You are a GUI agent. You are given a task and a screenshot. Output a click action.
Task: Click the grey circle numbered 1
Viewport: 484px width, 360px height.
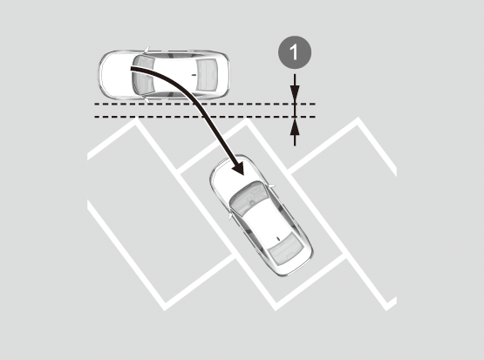click(x=295, y=52)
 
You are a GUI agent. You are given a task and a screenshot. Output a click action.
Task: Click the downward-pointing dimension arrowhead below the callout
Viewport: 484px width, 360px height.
click(x=295, y=93)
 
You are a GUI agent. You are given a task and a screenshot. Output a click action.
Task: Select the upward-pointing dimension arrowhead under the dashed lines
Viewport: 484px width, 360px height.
click(x=295, y=127)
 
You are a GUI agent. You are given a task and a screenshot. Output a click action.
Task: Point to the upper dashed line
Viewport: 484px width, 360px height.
click(x=205, y=104)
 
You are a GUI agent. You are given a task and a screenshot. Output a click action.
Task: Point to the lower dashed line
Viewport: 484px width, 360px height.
click(x=205, y=117)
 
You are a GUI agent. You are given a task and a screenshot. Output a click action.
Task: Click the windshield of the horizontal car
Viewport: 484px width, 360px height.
click(x=143, y=75)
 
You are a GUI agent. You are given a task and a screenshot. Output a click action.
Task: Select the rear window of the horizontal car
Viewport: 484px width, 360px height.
click(x=206, y=75)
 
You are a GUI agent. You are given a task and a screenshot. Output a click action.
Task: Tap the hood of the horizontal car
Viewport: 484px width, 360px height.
click(x=117, y=75)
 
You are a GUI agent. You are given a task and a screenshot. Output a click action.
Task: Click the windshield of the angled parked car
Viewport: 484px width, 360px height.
click(x=249, y=199)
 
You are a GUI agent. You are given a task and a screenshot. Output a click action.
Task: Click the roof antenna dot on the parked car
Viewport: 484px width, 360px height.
click(x=278, y=239)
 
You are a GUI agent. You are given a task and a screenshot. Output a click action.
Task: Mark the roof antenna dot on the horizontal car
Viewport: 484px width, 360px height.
click(x=194, y=75)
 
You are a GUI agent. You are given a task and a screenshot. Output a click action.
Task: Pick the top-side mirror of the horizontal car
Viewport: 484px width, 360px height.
click(x=147, y=50)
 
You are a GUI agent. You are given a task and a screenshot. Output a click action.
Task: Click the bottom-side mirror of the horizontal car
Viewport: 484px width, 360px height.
click(x=147, y=100)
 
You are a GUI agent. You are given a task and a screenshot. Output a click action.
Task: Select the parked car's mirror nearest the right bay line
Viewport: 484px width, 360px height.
click(x=271, y=186)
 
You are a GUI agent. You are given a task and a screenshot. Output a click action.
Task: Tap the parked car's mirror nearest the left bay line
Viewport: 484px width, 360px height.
click(x=230, y=215)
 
